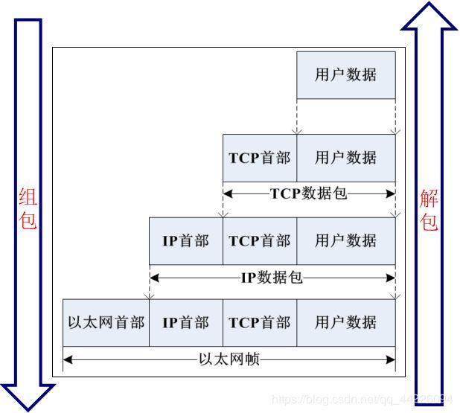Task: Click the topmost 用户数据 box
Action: coord(345,75)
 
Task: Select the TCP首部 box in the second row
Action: coord(260,158)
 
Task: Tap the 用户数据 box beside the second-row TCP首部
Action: coord(345,158)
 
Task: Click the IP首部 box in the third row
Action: coord(186,240)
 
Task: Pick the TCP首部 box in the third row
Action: coord(260,240)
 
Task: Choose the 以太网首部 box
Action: coord(106,323)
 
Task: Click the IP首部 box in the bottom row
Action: coord(186,323)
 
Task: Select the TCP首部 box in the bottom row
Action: coord(260,323)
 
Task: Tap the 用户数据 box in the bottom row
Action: coord(345,323)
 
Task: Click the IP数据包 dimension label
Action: coord(271,278)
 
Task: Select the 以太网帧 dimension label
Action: coord(229,360)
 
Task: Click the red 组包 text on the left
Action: coord(28,209)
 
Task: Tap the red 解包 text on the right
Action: coord(429,211)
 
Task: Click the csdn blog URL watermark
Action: coord(362,400)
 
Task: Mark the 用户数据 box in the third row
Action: coord(345,240)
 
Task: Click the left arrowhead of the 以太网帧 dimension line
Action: coord(67,360)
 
